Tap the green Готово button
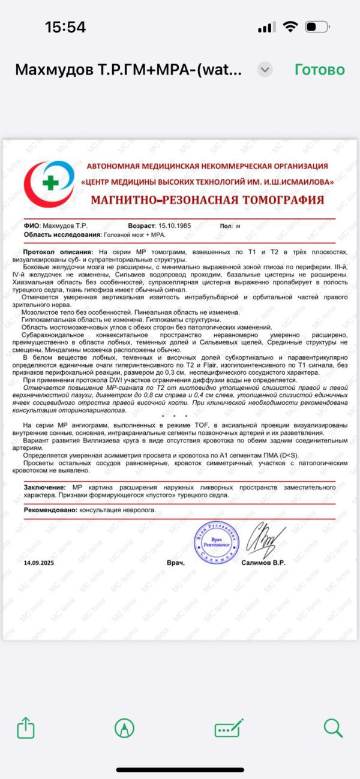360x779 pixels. tap(319, 70)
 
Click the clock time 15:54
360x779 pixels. tap(65, 27)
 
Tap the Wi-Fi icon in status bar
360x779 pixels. tap(290, 27)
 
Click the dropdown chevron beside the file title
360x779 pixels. tap(265, 70)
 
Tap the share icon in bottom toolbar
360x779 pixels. tap(26, 728)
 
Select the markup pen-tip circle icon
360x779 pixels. tap(124, 728)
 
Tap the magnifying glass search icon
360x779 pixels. tap(332, 728)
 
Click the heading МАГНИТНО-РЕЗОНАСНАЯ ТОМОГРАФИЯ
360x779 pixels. tap(207, 200)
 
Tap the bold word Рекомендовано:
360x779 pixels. tap(50, 510)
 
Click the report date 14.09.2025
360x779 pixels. tap(43, 563)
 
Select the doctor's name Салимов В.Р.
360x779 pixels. tap(263, 563)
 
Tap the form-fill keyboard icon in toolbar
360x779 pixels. tap(229, 728)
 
